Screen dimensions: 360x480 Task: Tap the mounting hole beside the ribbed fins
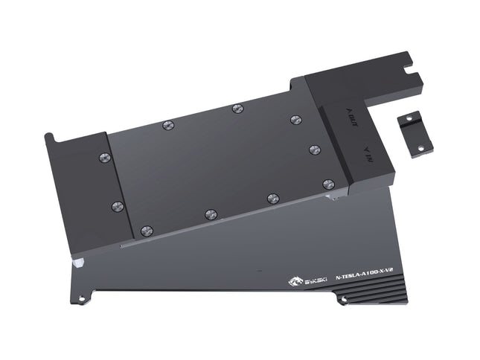point(343,300)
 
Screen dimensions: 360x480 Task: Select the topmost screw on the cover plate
point(237,109)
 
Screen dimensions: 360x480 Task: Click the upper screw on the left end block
point(105,157)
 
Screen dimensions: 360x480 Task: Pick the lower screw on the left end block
point(115,205)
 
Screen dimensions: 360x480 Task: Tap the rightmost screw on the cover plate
point(328,184)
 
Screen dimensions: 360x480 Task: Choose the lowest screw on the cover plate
point(146,231)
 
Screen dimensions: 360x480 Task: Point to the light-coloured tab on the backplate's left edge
point(77,262)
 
